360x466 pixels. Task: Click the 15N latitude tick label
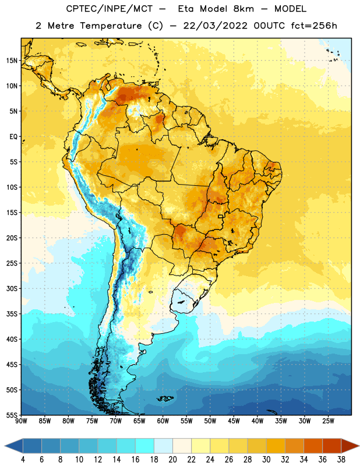tap(12, 61)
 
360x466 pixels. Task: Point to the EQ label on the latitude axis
tap(13, 137)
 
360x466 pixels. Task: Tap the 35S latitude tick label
tap(12, 314)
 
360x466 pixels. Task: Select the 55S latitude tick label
tap(12, 415)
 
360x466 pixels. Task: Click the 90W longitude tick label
tap(21, 421)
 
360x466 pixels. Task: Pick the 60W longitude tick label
tap(163, 421)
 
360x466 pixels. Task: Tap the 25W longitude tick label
tap(328, 421)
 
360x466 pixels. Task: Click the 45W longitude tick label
tap(234, 421)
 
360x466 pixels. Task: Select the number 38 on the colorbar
tap(341, 460)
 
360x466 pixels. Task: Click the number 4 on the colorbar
tap(23, 460)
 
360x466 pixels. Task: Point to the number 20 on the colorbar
tap(172, 460)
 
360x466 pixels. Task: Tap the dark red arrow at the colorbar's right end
tap(350, 446)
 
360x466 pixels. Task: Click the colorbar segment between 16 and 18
tap(145, 446)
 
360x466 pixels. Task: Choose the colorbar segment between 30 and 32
tap(276, 446)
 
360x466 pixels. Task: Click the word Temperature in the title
tap(111, 26)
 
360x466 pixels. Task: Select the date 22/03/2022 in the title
tap(215, 26)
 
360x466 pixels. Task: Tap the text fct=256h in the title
tap(314, 26)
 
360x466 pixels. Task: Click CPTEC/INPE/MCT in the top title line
tap(109, 9)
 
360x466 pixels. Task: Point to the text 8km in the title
tap(243, 9)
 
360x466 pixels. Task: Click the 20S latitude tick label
tap(12, 238)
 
